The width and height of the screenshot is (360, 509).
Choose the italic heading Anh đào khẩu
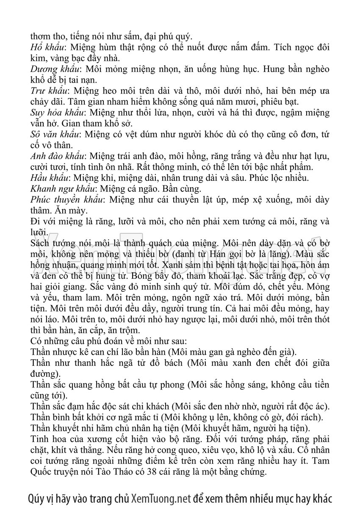point(58,157)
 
